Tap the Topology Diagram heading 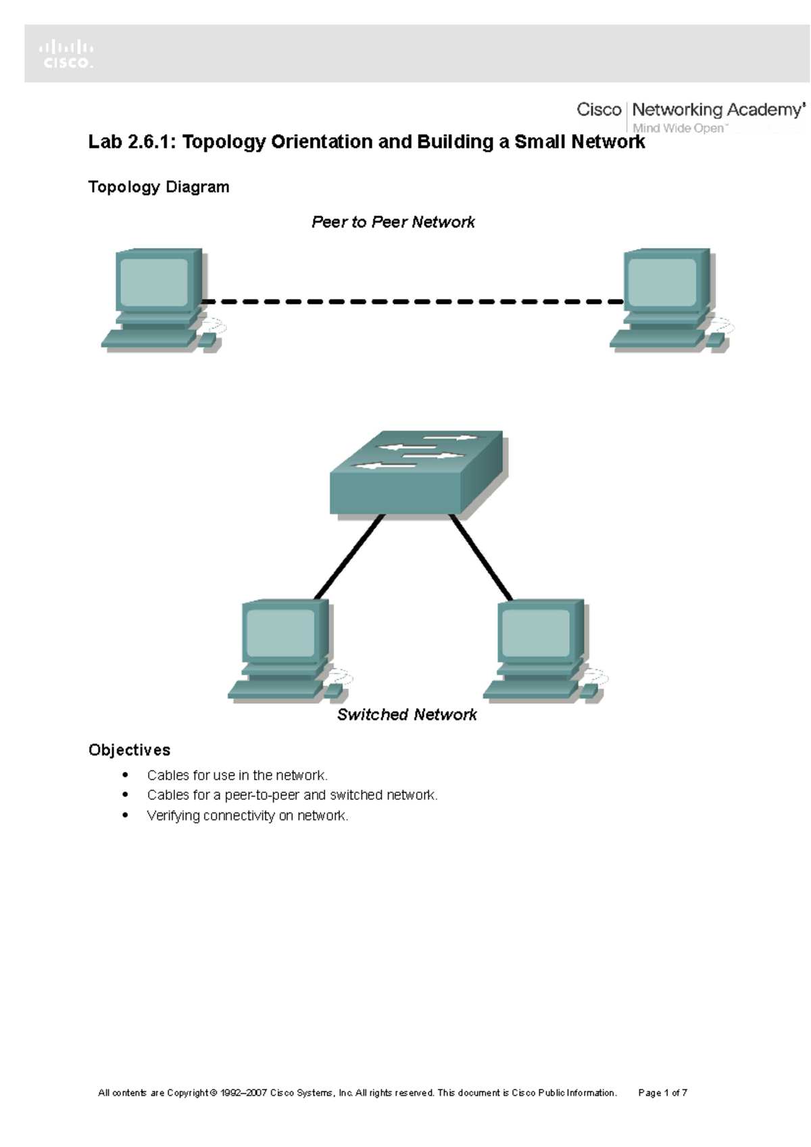[x=159, y=187]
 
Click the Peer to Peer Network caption [x=393, y=222]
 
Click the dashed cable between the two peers [x=412, y=302]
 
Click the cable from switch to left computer [x=349, y=557]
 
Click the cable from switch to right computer [x=481, y=557]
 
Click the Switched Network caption [x=407, y=715]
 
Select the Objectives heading [x=129, y=750]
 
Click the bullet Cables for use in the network [x=237, y=775]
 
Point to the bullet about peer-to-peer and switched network [x=292, y=795]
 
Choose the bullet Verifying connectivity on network [x=247, y=816]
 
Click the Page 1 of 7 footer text [x=662, y=1093]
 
